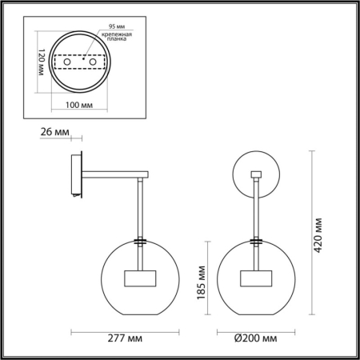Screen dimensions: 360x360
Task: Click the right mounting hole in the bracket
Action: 92,62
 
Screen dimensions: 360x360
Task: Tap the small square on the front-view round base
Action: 257,174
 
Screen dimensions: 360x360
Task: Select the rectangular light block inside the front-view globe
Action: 257,279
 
